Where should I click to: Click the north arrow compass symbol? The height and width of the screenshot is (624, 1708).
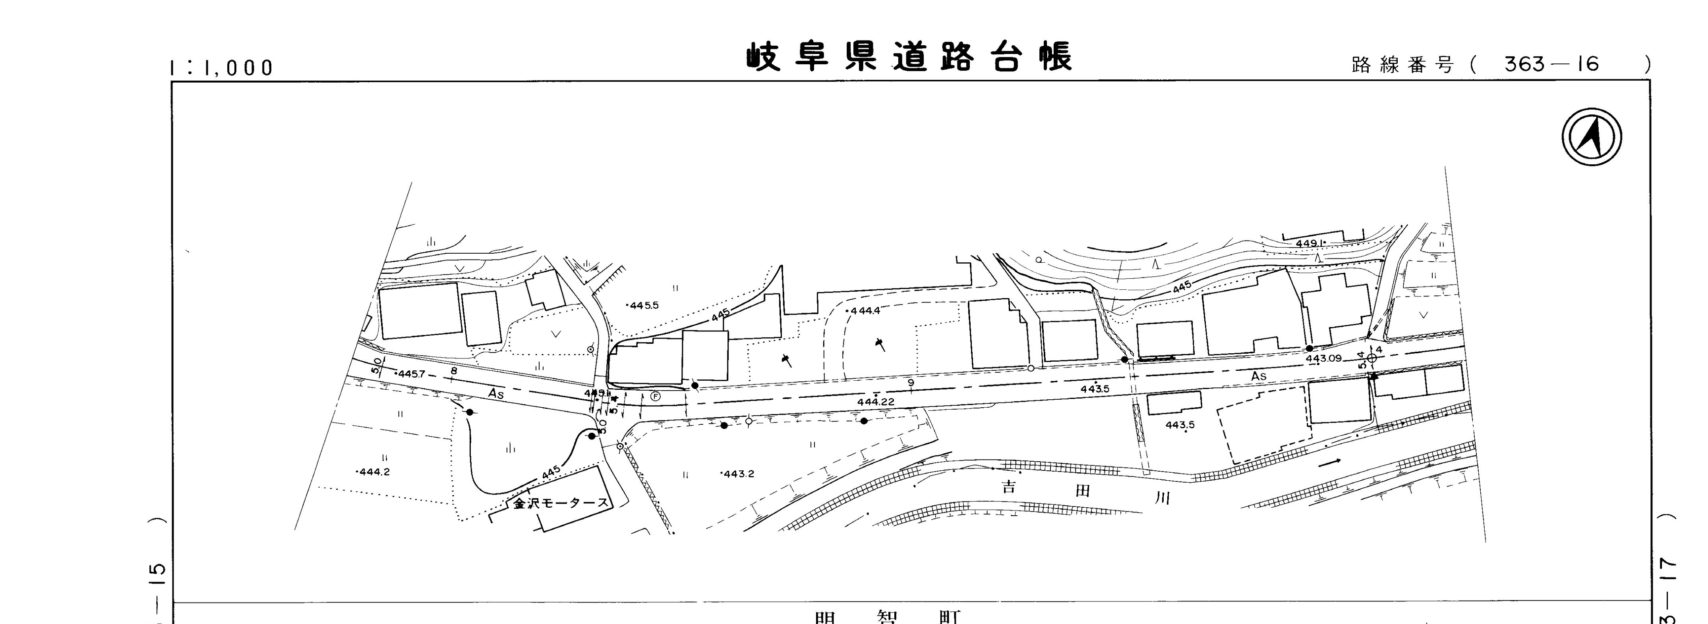(1591, 137)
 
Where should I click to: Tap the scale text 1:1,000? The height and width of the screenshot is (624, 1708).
(221, 67)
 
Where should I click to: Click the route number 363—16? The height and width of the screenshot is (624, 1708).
(1551, 64)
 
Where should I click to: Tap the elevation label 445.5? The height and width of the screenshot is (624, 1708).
(643, 305)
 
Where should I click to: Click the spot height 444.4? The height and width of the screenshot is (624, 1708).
(865, 311)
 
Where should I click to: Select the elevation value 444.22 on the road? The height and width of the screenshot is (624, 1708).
(875, 401)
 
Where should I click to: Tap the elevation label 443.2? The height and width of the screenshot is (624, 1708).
(738, 474)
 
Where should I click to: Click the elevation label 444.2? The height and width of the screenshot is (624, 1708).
(374, 472)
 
